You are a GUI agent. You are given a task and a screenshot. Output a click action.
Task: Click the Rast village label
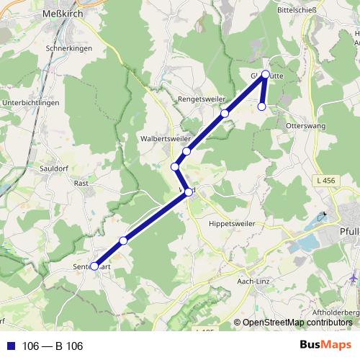click(81, 183)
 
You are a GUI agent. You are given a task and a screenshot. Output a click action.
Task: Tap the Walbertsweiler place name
click(166, 137)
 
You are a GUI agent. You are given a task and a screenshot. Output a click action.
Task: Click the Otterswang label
click(307, 125)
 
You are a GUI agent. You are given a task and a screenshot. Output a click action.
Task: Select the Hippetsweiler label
click(233, 223)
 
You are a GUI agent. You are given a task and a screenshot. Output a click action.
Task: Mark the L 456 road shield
click(324, 179)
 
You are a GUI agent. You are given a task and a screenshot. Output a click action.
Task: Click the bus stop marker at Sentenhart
click(94, 266)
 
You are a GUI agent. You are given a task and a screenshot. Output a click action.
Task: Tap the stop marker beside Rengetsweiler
click(225, 114)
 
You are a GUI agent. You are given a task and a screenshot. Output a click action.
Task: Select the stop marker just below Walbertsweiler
click(186, 151)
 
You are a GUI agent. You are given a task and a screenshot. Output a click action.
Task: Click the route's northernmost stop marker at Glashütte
click(266, 74)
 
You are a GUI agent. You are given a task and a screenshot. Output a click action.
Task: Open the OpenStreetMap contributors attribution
click(297, 323)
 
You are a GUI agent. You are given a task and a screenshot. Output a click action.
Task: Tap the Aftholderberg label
click(337, 313)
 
